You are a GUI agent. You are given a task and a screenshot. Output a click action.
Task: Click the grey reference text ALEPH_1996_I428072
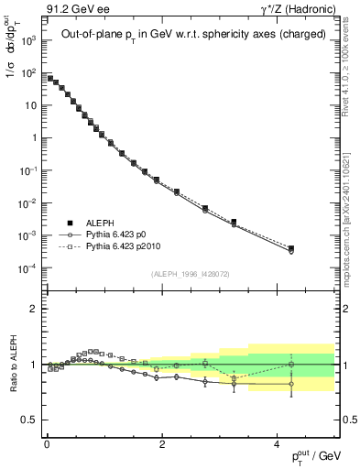[189, 273]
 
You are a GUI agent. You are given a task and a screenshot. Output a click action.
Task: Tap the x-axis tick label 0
[46, 445]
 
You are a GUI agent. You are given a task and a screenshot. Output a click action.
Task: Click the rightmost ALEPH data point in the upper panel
[291, 248]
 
